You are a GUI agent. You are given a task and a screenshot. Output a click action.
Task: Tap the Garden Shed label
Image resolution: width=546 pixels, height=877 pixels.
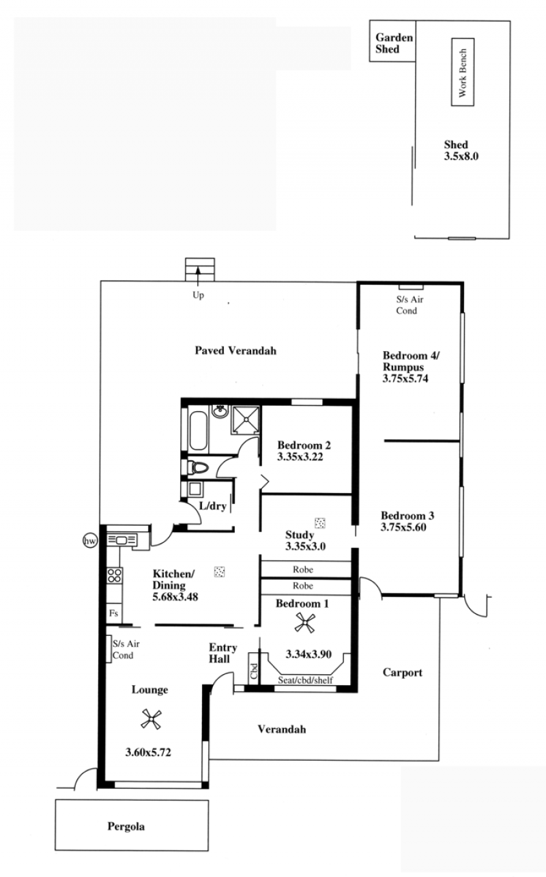point(394,43)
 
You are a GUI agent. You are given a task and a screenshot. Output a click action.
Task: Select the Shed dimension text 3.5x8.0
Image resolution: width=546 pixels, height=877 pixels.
point(461,156)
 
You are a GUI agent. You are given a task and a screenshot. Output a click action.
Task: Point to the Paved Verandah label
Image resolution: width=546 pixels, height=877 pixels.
point(235,350)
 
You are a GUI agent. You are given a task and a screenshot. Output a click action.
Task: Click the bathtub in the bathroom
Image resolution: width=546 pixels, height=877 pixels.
point(198,430)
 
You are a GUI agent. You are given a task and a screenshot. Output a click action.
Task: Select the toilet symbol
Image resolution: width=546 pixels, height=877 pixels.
point(199,467)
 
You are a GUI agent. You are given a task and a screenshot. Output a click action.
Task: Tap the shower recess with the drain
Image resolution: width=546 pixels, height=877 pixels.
point(246,419)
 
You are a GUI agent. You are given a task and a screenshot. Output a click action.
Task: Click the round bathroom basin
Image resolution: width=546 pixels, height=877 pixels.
point(220,411)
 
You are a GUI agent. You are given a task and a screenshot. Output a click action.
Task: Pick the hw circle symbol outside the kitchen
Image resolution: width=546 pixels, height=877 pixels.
point(90,541)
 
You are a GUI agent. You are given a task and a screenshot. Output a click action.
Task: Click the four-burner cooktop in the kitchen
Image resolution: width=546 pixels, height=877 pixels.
point(115,576)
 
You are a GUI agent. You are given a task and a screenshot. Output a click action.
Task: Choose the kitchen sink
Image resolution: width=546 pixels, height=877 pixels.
point(121,540)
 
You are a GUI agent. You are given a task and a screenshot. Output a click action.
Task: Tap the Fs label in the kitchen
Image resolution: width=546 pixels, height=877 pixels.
point(114,613)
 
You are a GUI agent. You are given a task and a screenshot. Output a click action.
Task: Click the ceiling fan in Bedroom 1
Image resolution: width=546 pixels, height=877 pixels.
point(304,623)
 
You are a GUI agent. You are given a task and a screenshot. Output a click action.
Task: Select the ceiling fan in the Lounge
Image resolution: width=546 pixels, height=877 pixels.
point(152,719)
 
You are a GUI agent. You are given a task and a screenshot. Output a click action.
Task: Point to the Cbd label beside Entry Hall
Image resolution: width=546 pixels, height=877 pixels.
point(254,671)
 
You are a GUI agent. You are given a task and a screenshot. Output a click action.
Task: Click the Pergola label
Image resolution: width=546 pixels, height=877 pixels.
point(126,826)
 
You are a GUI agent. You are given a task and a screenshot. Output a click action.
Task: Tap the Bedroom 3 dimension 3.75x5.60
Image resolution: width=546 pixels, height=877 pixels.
point(403,527)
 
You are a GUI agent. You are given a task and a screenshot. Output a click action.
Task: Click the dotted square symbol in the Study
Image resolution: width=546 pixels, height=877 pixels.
point(320,523)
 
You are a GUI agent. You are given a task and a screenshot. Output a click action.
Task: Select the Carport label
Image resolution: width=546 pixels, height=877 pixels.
point(403,673)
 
